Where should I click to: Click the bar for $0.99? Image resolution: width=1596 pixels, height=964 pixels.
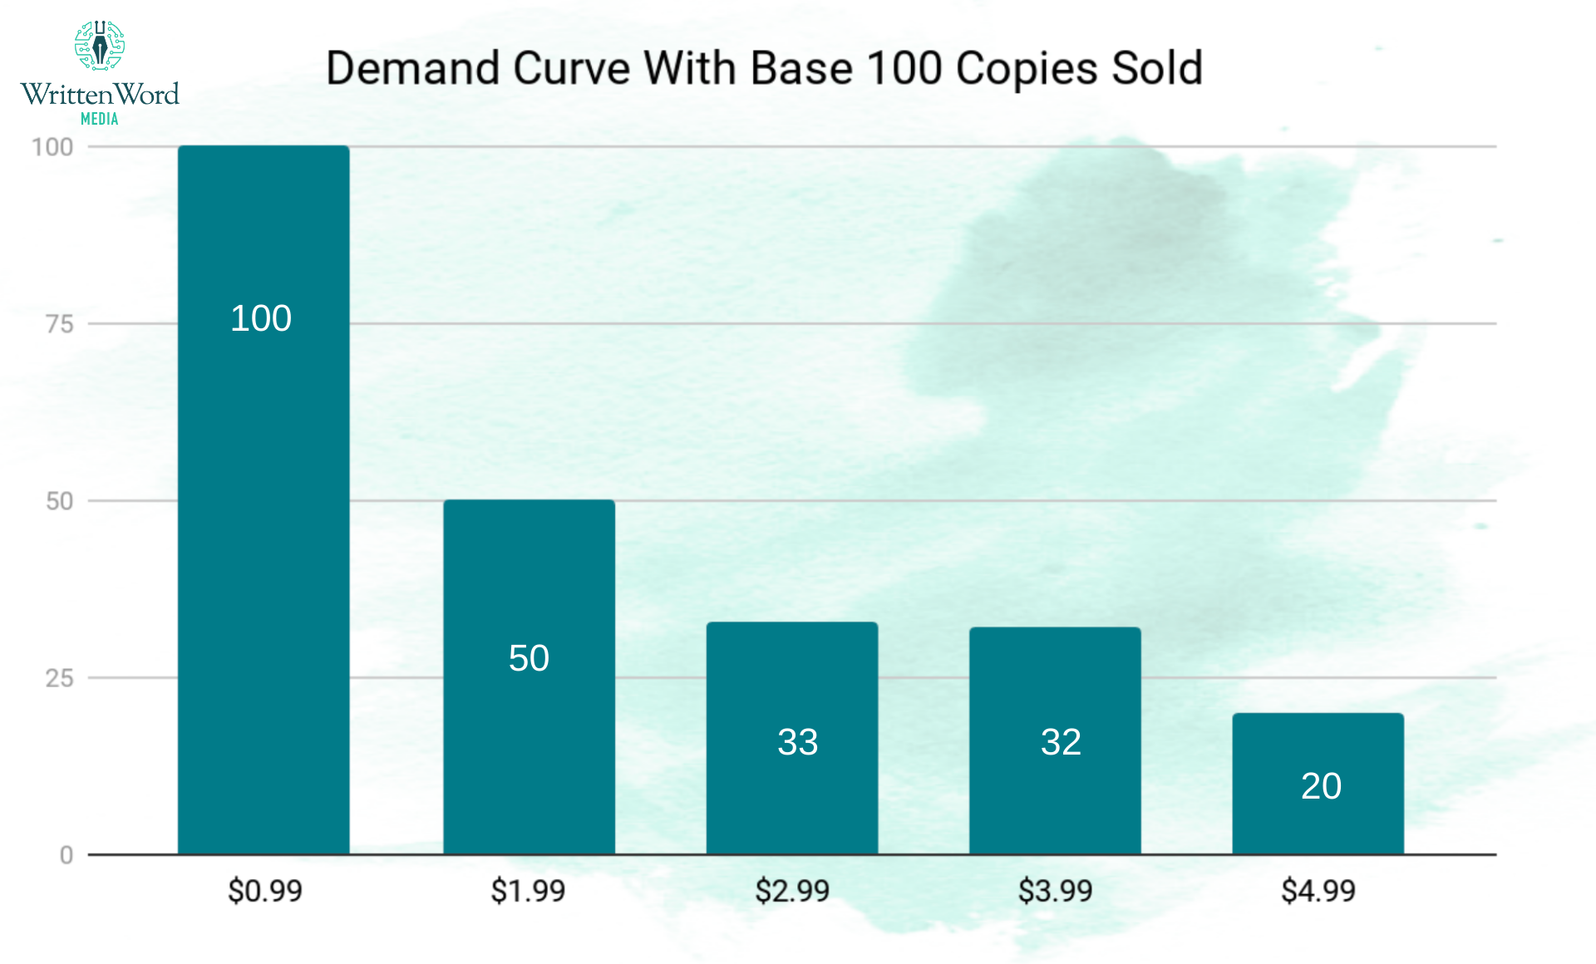(264, 499)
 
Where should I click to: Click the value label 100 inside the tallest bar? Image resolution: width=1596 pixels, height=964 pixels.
(261, 318)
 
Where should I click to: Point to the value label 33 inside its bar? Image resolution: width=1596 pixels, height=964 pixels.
(797, 742)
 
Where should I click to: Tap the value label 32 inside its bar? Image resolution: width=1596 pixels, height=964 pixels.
(1061, 742)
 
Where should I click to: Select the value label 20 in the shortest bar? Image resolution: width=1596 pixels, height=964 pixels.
(1321, 786)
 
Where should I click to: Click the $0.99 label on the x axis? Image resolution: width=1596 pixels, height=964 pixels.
(265, 891)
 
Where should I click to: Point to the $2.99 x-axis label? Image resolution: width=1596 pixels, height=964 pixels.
(792, 891)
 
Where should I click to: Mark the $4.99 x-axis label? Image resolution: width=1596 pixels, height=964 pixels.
(1318, 891)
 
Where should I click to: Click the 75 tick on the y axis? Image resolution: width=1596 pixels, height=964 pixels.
(60, 324)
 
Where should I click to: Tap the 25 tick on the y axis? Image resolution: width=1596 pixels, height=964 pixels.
(60, 678)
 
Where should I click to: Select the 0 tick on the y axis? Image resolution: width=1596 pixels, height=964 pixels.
(66, 855)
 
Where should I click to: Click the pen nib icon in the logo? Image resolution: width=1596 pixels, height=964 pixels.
(100, 45)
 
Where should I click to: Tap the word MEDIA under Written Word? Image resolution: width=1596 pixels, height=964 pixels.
(100, 119)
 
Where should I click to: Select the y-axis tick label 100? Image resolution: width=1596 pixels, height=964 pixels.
(52, 147)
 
